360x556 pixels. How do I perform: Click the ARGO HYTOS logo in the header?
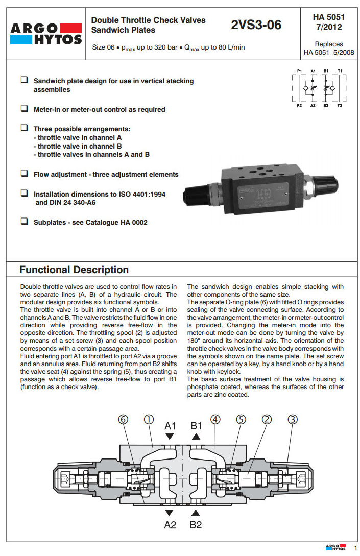pyautogui.click(x=45, y=33)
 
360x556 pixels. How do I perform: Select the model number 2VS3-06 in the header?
pyautogui.click(x=256, y=25)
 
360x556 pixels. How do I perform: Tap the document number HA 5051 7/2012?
pyautogui.click(x=328, y=22)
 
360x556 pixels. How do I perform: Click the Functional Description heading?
pyautogui.click(x=74, y=270)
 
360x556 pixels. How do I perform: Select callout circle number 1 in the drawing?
pyautogui.click(x=149, y=420)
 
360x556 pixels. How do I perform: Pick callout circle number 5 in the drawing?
pyautogui.click(x=241, y=420)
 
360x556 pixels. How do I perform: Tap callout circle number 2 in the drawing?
pyautogui.click(x=266, y=420)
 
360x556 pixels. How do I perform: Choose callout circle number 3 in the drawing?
pyautogui.click(x=293, y=420)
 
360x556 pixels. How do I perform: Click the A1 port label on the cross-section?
pyautogui.click(x=170, y=425)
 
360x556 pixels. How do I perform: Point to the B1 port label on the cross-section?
pyautogui.click(x=197, y=425)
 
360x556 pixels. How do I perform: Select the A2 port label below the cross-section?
pyautogui.click(x=170, y=524)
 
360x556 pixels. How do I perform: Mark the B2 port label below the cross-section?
pyautogui.click(x=196, y=524)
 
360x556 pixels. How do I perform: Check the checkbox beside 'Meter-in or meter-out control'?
pyautogui.click(x=24, y=109)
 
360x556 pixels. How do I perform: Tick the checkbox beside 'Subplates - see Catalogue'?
pyautogui.click(x=24, y=222)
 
